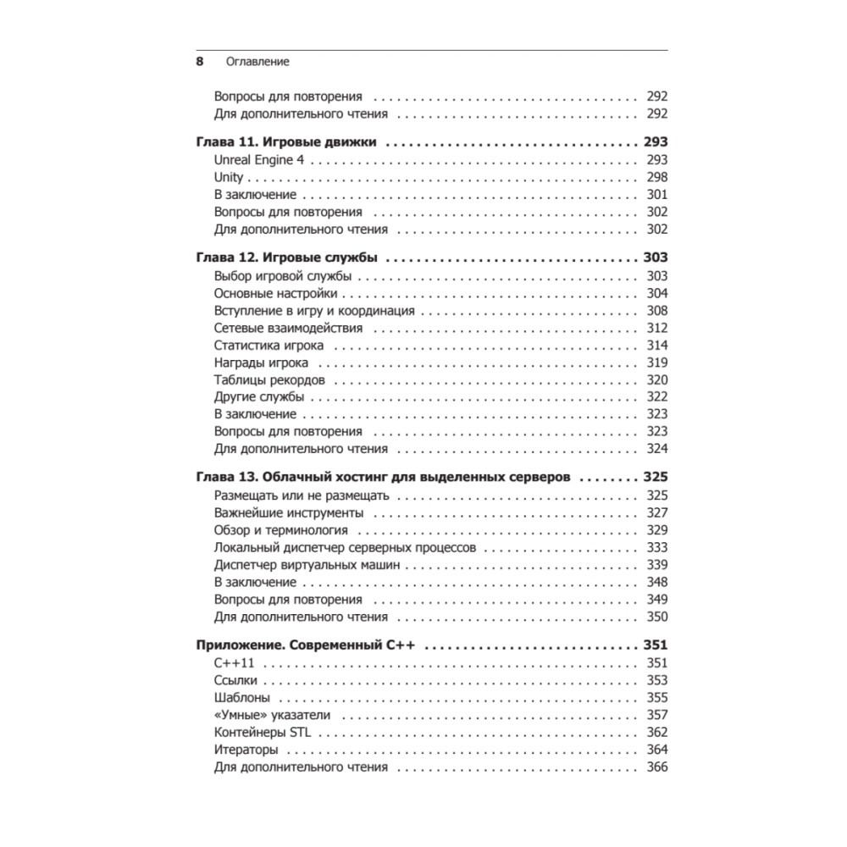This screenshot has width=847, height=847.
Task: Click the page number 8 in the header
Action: pos(200,62)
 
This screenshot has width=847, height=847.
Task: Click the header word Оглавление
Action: pos(257,62)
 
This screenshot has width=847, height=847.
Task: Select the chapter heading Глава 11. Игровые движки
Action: pos(285,142)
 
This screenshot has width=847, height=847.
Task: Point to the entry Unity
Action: pos(229,177)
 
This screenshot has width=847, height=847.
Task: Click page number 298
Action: pos(656,177)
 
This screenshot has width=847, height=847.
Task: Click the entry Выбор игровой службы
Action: pos(275,276)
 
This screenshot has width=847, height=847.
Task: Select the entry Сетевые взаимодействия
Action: pos(288,328)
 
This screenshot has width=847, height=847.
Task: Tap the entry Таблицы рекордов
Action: pos(269,379)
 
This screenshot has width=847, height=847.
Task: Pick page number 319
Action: pos(656,363)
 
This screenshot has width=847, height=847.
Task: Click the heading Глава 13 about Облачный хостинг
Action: pos(384,478)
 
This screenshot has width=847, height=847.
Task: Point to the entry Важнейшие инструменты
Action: pos(289,513)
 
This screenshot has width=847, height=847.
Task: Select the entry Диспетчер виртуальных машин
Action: pos(307,565)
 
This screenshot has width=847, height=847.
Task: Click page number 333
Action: pos(656,547)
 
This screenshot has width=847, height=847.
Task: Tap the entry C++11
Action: pos(235,662)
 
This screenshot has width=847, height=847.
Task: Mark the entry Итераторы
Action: pos(246,750)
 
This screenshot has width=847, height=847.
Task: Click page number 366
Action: pos(656,767)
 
